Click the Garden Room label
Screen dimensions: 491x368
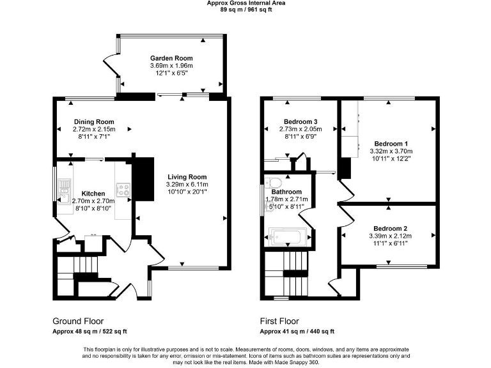(x=171, y=58)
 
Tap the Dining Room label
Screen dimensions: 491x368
(x=93, y=122)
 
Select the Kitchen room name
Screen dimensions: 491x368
(x=93, y=193)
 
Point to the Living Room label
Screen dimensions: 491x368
(x=187, y=177)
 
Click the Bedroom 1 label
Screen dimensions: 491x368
(x=391, y=143)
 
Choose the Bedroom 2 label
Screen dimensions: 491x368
(x=391, y=229)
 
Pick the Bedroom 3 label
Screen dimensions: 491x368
(x=300, y=121)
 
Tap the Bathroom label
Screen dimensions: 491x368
(x=286, y=192)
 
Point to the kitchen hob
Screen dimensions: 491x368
(x=123, y=189)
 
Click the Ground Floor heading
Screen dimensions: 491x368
(x=78, y=321)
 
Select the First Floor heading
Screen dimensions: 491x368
(x=279, y=321)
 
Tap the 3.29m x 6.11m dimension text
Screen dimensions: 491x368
(x=187, y=184)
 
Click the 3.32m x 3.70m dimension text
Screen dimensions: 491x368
(x=391, y=151)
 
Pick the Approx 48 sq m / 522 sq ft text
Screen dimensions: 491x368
(x=90, y=332)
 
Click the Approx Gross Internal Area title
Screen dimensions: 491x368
(x=245, y=3)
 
